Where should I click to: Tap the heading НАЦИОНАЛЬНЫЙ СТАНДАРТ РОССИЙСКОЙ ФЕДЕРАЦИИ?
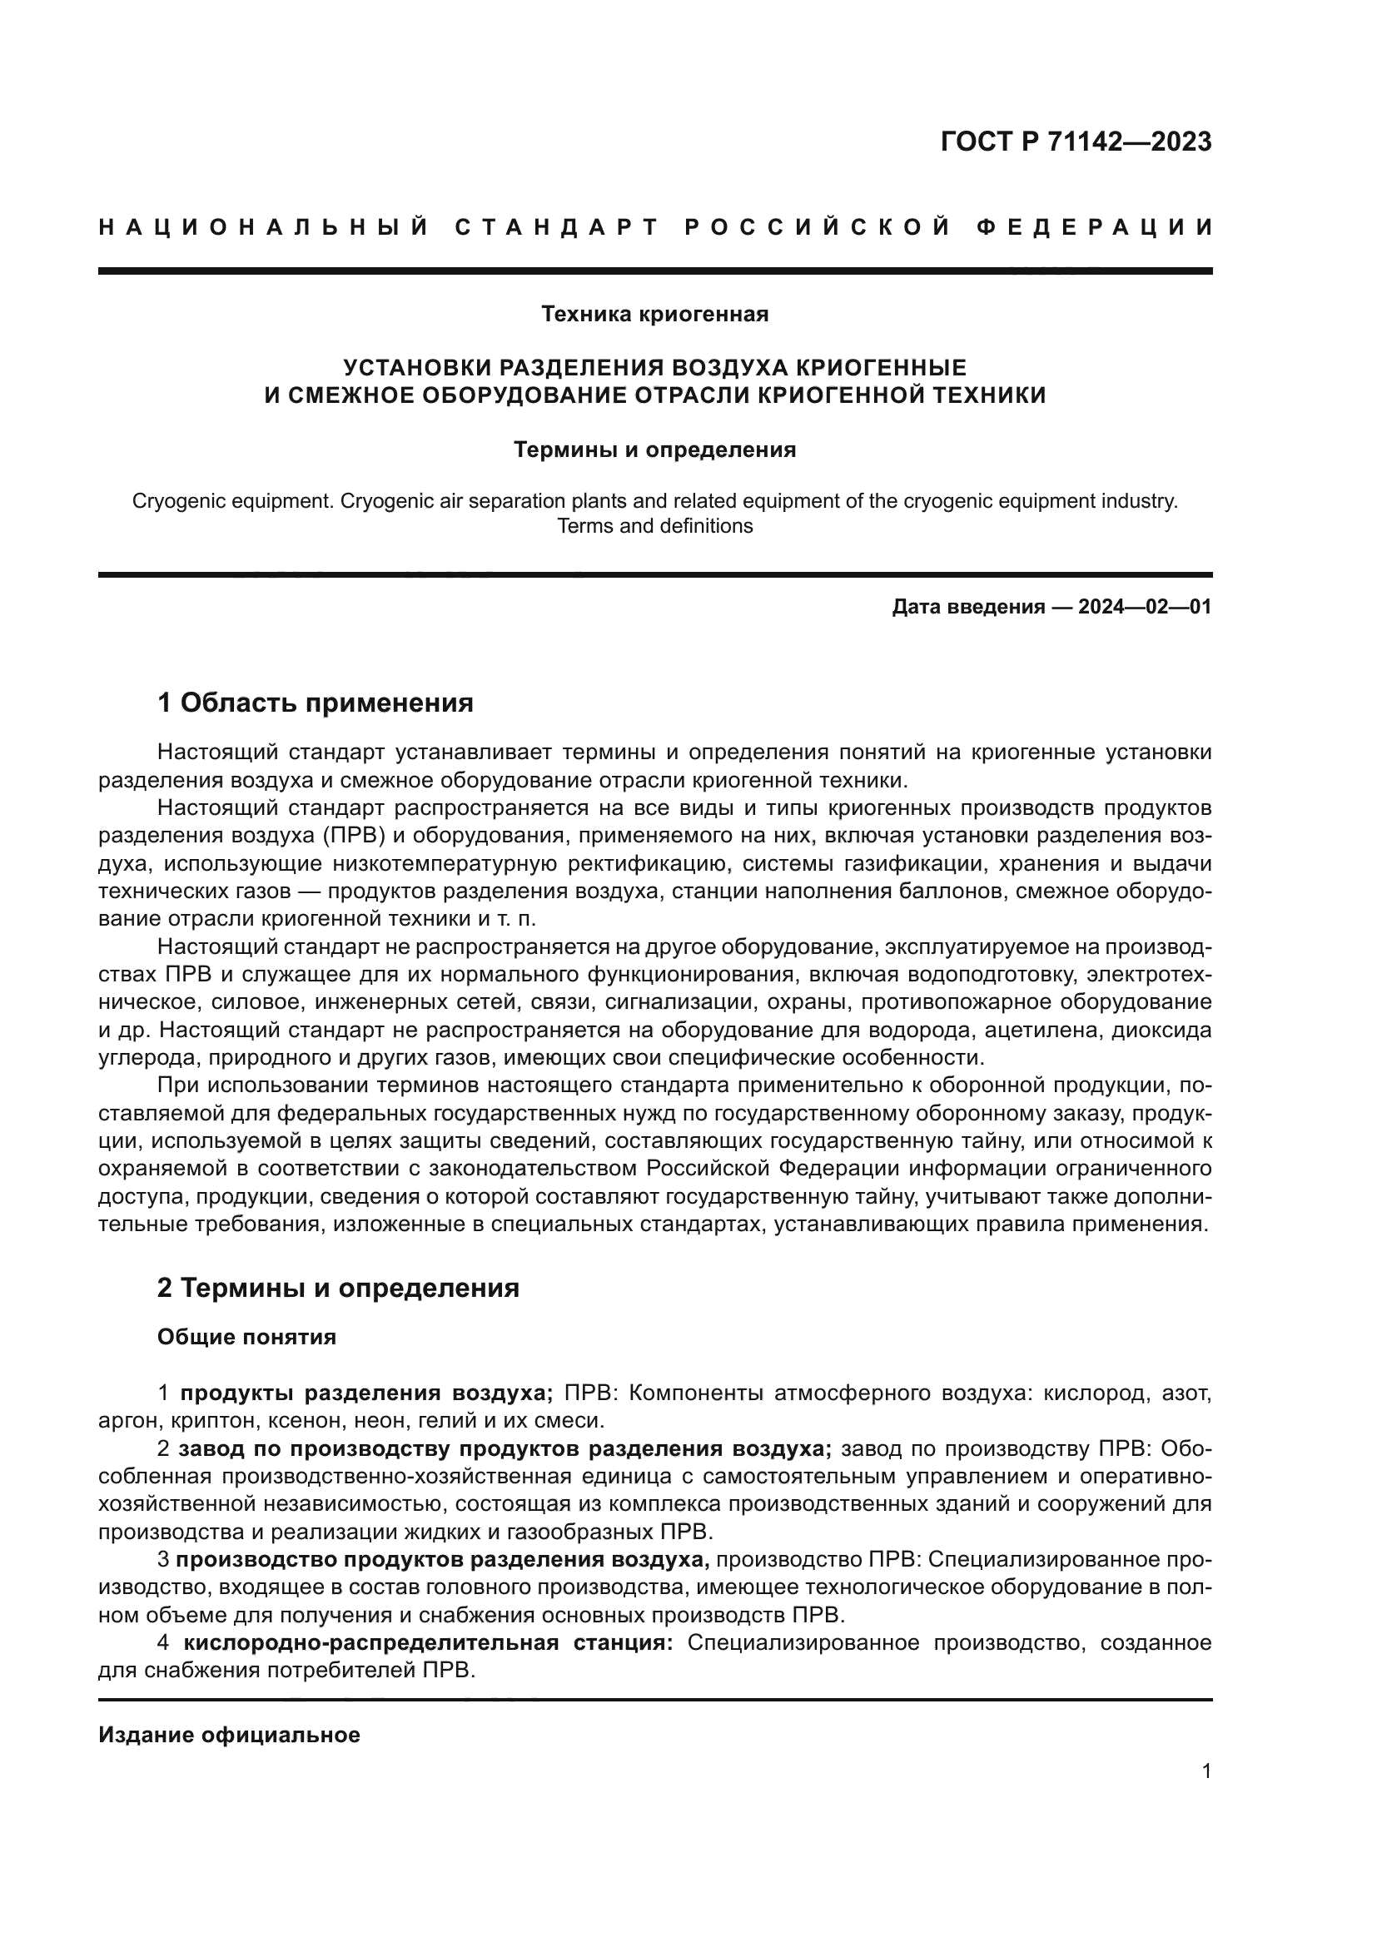pyautogui.click(x=654, y=227)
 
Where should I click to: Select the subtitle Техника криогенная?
pyautogui.click(x=654, y=315)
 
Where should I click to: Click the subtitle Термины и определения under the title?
pyautogui.click(x=654, y=449)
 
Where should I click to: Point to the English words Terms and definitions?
pyautogui.click(x=654, y=526)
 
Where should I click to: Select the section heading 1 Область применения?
pyautogui.click(x=315, y=703)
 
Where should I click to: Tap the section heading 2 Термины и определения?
pyautogui.click(x=337, y=1287)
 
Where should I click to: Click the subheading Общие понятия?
pyautogui.click(x=246, y=1338)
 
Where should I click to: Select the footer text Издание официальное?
pyautogui.click(x=229, y=1735)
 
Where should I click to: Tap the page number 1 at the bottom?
pyautogui.click(x=1205, y=1771)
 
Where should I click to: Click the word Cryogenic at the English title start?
pyautogui.click(x=174, y=501)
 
